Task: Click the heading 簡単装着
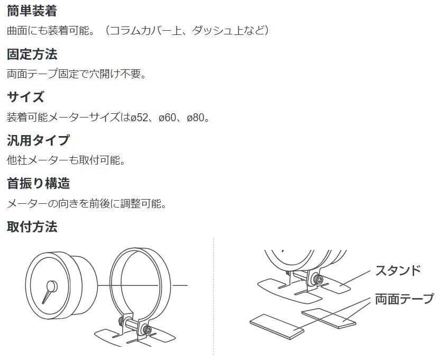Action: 32,11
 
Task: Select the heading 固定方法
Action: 32,54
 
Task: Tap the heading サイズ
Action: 25,97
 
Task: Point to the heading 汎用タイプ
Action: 38,140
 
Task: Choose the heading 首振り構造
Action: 38,184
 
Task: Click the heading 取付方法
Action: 32,227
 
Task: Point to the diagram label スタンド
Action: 398,270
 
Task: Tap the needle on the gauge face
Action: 49,291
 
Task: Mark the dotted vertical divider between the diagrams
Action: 214,296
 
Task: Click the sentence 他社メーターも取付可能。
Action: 66,160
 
